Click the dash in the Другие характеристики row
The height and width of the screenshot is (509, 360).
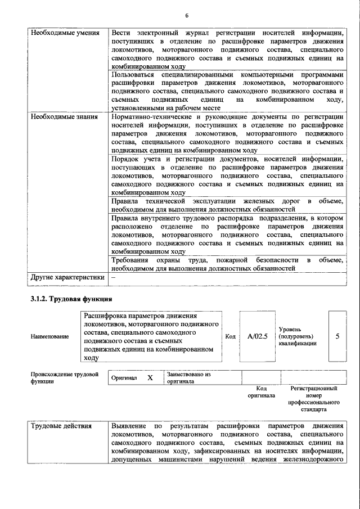tap(114, 277)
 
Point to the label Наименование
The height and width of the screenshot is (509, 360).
tap(50, 336)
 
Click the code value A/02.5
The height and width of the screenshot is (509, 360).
tap(257, 336)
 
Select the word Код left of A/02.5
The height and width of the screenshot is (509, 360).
tap(230, 336)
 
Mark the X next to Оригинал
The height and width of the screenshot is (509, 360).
tap(150, 378)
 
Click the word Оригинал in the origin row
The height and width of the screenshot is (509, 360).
tap(124, 378)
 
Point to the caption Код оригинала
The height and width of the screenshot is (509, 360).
tap(261, 392)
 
